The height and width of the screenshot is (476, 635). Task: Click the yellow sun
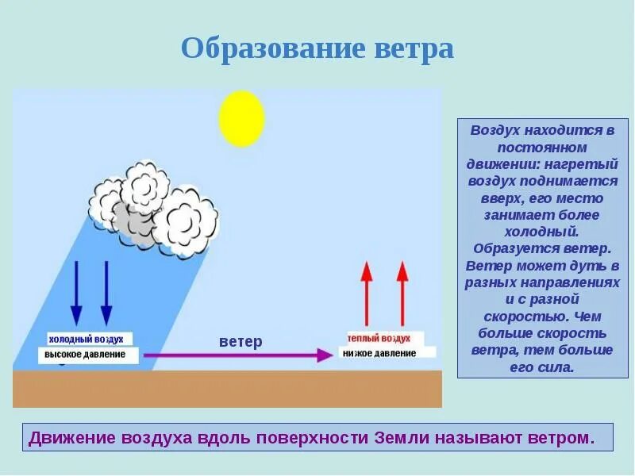(241, 118)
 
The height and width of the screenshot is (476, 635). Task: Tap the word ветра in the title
(413, 49)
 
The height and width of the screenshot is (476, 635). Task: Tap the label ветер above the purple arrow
(240, 341)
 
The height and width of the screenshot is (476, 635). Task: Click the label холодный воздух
(86, 338)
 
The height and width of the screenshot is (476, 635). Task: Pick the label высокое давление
(85, 354)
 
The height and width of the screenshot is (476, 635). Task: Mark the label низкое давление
(379, 353)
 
